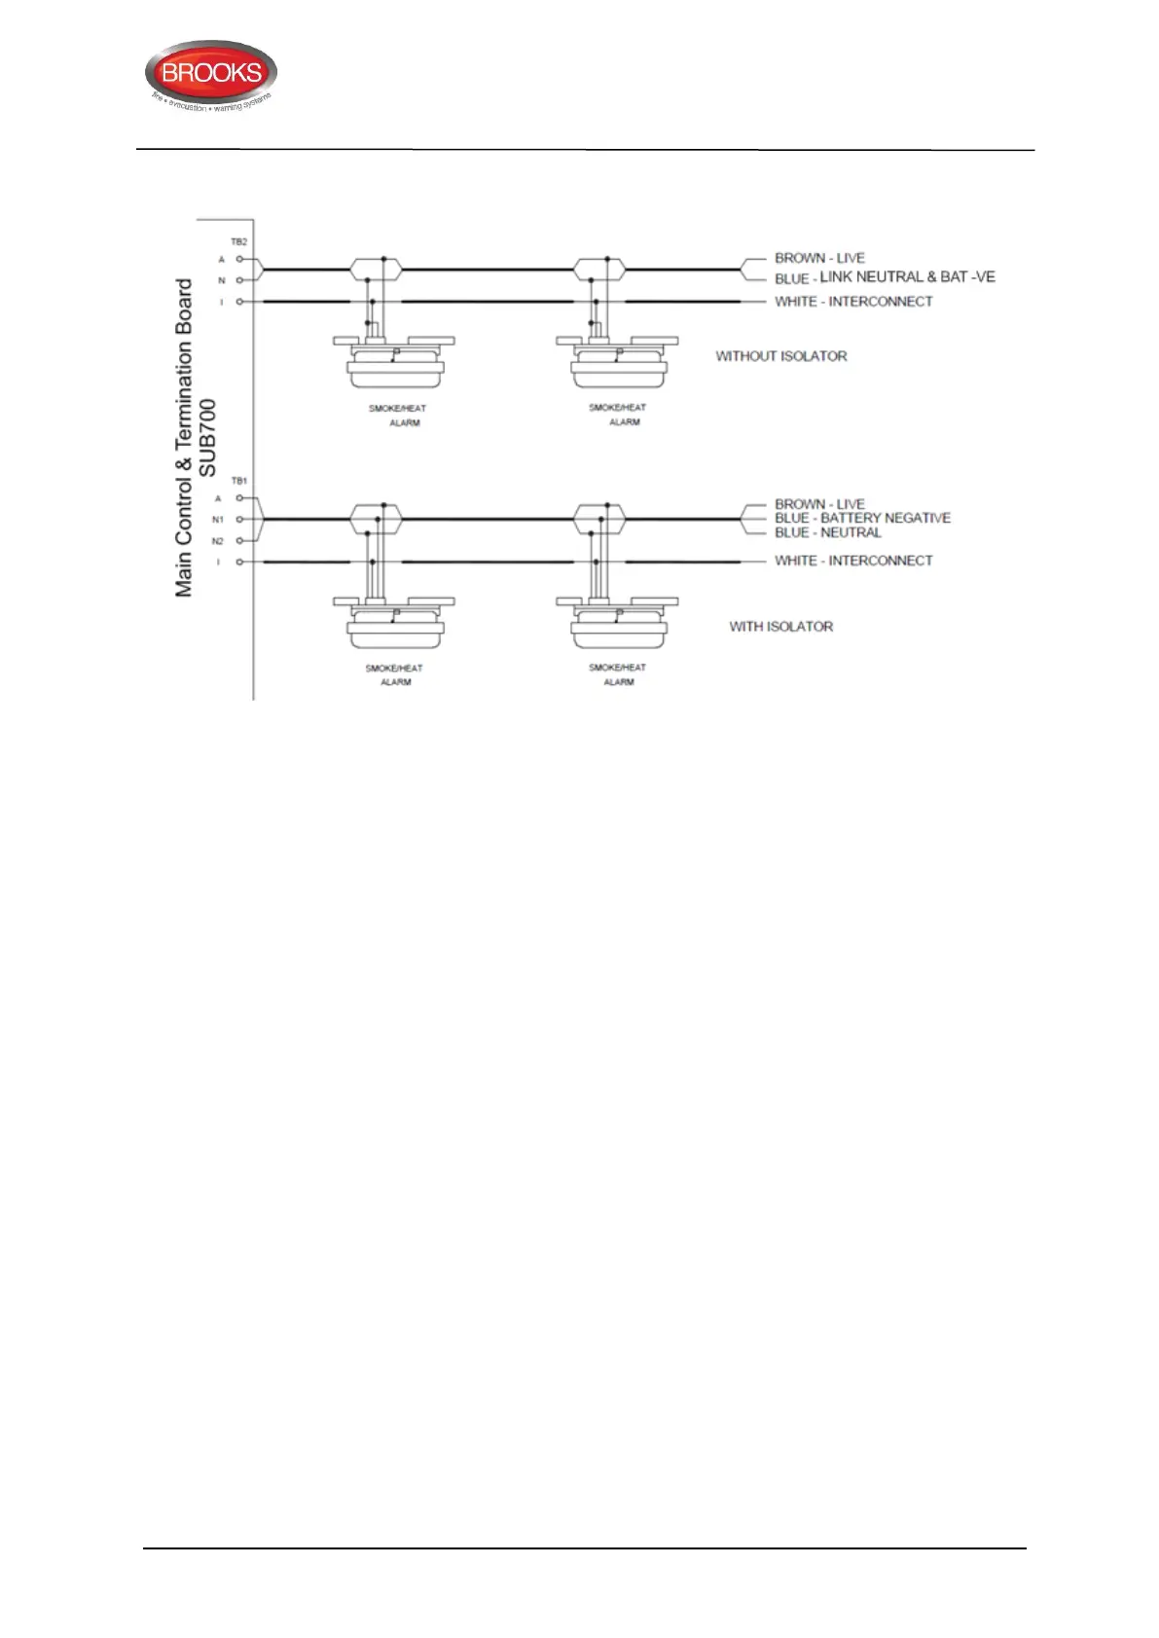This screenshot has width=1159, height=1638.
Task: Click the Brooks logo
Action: point(211,74)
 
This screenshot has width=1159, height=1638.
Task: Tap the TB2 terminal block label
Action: point(238,241)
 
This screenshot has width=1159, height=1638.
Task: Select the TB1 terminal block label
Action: point(238,481)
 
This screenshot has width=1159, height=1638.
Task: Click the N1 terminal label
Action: point(218,520)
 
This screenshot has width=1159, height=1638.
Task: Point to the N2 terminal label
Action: point(218,541)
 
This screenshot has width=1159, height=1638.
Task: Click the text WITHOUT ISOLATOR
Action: point(780,356)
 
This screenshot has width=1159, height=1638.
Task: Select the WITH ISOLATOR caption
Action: point(780,627)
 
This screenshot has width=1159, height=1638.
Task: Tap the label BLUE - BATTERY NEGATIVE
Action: point(862,518)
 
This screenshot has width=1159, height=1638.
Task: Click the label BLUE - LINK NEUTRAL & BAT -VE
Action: point(885,277)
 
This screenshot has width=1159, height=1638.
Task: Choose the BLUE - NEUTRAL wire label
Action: point(828,532)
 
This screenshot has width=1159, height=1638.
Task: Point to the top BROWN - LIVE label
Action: point(819,258)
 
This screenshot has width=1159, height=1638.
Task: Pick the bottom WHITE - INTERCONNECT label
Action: point(853,561)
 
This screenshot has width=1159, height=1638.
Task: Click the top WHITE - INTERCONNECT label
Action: point(853,302)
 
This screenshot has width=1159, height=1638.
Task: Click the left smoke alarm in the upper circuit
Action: point(395,366)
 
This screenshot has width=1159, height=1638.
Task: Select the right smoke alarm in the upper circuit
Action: point(617,366)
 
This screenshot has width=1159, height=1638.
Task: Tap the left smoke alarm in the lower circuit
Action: point(395,625)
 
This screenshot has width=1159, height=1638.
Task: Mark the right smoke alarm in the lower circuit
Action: point(617,625)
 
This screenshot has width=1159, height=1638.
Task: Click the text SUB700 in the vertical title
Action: point(207,438)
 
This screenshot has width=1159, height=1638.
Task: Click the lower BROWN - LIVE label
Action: point(819,504)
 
